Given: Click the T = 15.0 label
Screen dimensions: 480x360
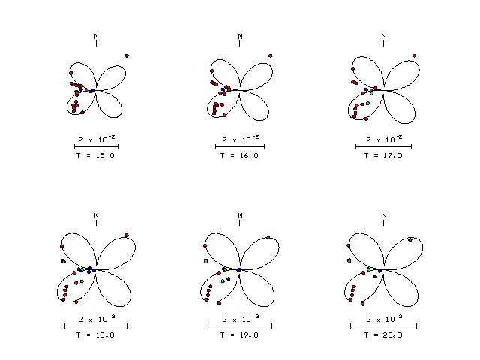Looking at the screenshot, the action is [x=95, y=156].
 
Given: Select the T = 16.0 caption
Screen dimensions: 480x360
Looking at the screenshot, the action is [x=239, y=156].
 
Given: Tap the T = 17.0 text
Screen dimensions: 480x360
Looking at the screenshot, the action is [x=383, y=156].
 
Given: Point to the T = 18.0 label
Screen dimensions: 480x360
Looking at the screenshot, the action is [x=95, y=335].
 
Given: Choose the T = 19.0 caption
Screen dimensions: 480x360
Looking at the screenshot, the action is [x=239, y=335].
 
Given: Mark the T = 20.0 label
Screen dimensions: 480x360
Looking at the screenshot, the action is [x=383, y=335].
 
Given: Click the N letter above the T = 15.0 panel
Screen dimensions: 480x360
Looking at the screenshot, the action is [x=97, y=37].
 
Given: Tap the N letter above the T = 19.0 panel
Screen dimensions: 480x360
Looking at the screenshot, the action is [x=240, y=216].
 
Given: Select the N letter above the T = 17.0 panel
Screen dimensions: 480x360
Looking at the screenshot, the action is [x=384, y=37].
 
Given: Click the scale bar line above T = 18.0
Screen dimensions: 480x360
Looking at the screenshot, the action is [x=96, y=325].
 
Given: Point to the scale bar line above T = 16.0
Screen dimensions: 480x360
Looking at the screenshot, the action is [x=240, y=147].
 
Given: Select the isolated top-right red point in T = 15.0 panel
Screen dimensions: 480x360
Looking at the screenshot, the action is [x=127, y=55].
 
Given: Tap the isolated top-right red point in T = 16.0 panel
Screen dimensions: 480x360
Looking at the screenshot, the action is [x=270, y=55].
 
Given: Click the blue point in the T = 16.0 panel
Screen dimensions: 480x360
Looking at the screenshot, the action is [x=223, y=90].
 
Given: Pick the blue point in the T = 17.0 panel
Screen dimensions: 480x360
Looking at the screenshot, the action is [x=366, y=89].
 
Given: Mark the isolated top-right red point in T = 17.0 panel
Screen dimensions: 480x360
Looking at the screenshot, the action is [x=414, y=55].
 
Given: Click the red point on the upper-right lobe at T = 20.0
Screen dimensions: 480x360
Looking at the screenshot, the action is [x=410, y=240].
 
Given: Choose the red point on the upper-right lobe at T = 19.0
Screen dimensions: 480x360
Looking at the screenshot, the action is [x=268, y=238].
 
